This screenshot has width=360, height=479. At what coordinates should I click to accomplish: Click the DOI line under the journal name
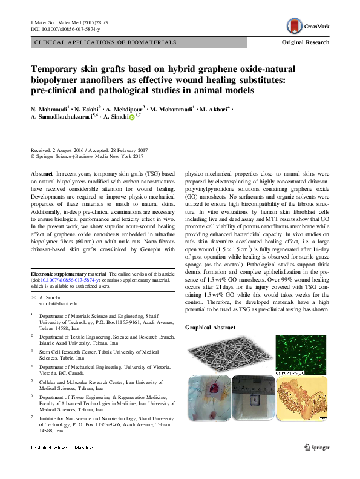tap(59, 29)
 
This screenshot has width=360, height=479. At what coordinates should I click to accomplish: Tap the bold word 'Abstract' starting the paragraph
tap(41, 174)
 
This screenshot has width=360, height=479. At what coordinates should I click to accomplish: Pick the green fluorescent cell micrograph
tap(302, 355)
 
